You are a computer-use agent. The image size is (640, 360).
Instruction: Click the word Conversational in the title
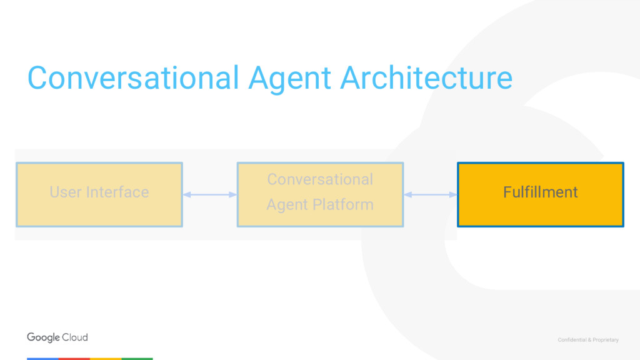pyautogui.click(x=132, y=79)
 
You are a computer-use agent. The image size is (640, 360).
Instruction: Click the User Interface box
pyautogui.click(x=99, y=194)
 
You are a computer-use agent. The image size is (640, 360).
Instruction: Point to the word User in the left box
pyautogui.click(x=64, y=192)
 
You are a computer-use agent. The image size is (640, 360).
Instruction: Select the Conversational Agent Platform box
pyautogui.click(x=320, y=194)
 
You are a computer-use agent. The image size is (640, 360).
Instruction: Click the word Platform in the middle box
pyautogui.click(x=345, y=205)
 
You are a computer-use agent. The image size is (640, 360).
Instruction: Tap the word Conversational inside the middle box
pyautogui.click(x=320, y=180)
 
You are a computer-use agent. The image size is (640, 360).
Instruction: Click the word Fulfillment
pyautogui.click(x=540, y=192)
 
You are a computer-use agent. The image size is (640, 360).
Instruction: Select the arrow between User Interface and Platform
pyautogui.click(x=209, y=195)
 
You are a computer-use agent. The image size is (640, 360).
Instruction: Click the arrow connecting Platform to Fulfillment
pyautogui.click(x=430, y=195)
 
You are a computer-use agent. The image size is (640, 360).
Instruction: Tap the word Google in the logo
pyautogui.click(x=43, y=337)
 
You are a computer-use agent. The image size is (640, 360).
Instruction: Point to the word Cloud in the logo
pyautogui.click(x=75, y=337)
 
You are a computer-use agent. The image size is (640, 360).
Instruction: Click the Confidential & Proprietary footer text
pyautogui.click(x=588, y=340)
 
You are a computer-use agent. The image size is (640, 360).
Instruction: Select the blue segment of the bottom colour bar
pyautogui.click(x=42, y=359)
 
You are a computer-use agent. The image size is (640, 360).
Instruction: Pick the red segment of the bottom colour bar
pyautogui.click(x=74, y=359)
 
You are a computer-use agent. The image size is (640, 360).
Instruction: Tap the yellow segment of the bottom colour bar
pyautogui.click(x=106, y=359)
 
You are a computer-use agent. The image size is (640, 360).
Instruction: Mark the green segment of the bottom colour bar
pyautogui.click(x=137, y=359)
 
